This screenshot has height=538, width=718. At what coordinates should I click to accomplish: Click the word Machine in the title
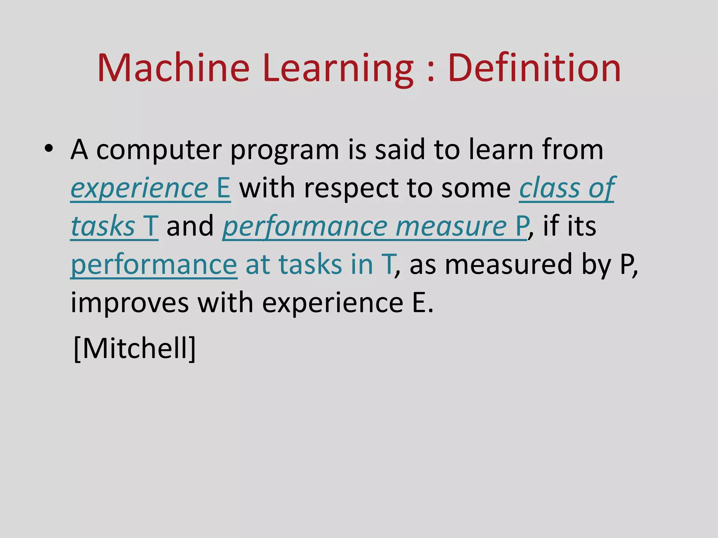(x=173, y=68)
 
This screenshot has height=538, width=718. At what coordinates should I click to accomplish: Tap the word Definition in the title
(x=534, y=68)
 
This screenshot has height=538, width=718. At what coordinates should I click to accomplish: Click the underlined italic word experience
(x=140, y=188)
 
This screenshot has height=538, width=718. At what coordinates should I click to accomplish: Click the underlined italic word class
(x=549, y=188)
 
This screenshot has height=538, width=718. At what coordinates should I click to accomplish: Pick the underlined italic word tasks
(x=103, y=227)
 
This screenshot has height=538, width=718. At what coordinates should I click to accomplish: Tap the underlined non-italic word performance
(x=154, y=265)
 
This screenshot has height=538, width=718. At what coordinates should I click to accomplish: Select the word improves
(x=130, y=303)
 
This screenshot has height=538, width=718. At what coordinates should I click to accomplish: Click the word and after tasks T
(x=190, y=227)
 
